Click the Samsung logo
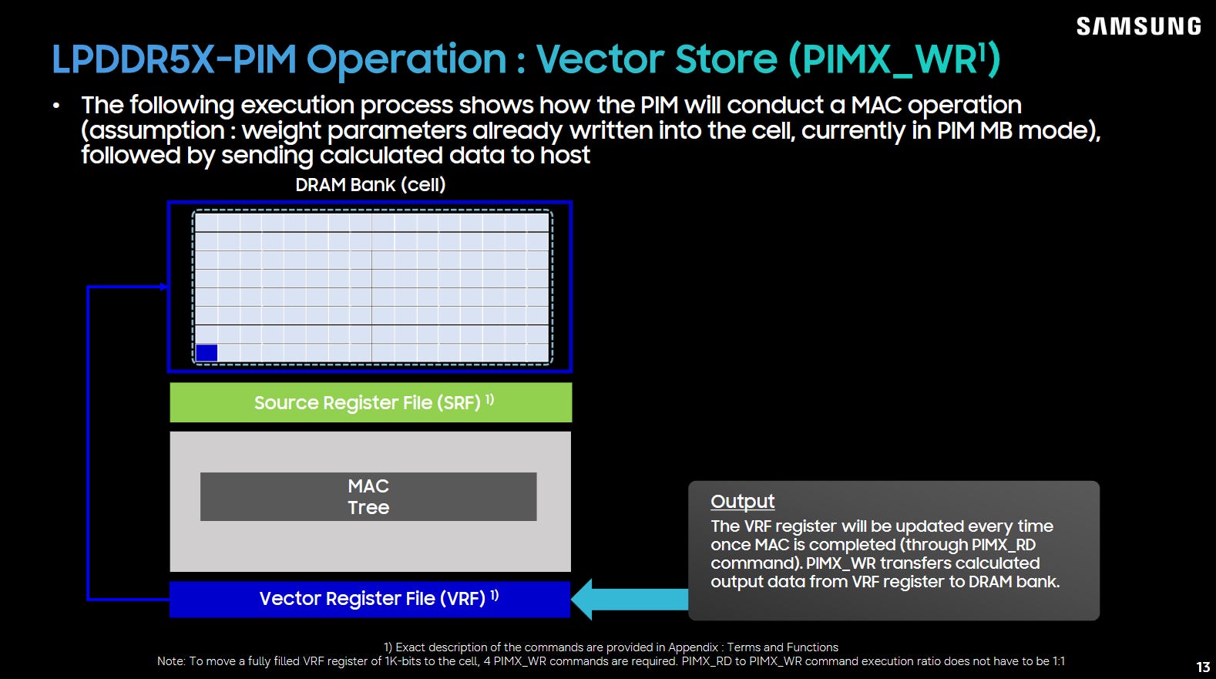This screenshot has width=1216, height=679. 1138,26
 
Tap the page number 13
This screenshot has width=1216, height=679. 1203,667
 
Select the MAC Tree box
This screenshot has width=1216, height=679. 368,496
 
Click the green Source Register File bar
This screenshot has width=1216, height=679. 371,402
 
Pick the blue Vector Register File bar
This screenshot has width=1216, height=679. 370,599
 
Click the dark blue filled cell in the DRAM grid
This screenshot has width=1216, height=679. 207,353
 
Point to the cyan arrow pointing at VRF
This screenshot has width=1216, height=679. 630,599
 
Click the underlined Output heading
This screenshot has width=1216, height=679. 742,502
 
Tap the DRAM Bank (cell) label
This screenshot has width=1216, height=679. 370,185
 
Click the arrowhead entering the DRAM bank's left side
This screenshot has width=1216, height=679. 164,287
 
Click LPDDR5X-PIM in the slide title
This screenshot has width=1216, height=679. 173,59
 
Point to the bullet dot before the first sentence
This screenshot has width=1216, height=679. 56,106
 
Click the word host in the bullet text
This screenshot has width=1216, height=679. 565,156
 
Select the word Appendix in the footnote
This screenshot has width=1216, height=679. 694,647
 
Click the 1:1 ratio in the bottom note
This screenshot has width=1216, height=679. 1057,661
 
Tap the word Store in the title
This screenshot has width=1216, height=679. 727,59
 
